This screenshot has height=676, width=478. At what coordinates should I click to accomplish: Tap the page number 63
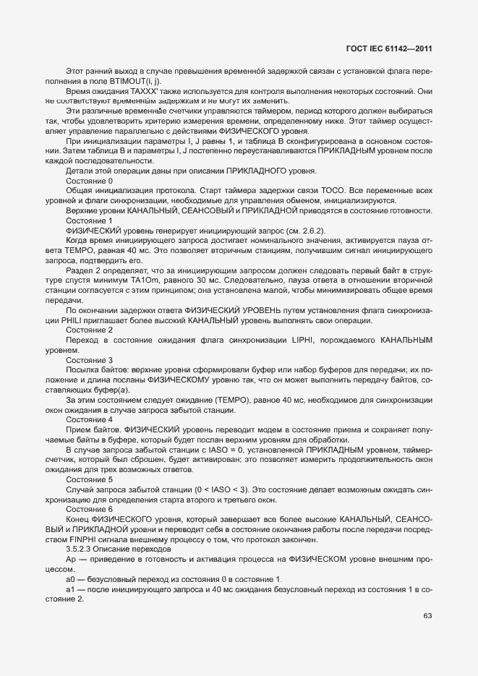click(x=427, y=616)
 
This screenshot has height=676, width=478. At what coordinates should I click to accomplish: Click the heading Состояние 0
click(x=89, y=180)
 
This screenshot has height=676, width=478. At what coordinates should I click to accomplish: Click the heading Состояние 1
click(x=89, y=220)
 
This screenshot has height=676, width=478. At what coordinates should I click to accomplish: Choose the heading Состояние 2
click(x=89, y=330)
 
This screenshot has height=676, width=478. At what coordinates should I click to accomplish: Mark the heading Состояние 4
click(x=89, y=419)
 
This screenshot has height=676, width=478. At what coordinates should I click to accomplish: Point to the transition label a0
click(x=70, y=579)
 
